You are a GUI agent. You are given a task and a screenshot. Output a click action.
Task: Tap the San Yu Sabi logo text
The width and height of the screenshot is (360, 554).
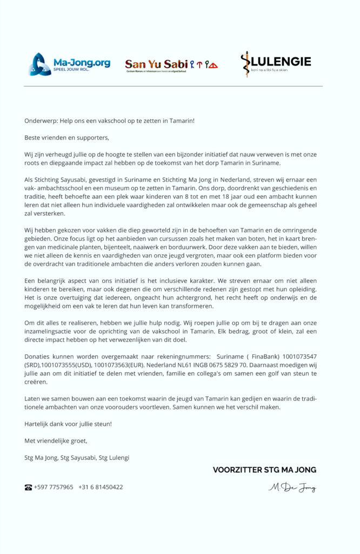click(156, 64)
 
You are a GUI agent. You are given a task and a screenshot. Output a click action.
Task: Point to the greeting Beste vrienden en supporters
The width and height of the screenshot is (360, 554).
click(66, 137)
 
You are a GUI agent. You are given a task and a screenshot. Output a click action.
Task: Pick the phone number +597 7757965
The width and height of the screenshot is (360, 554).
click(54, 487)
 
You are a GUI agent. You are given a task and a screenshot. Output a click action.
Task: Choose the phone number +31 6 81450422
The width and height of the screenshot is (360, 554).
click(101, 487)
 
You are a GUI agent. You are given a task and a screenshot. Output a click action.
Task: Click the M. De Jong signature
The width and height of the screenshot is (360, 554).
click(292, 488)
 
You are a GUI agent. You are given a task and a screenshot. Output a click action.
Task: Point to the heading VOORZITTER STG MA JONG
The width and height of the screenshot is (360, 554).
click(264, 470)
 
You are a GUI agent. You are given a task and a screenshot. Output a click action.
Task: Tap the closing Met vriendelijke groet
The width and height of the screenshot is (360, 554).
click(56, 441)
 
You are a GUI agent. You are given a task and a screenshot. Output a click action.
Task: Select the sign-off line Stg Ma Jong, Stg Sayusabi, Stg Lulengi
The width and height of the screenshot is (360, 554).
click(77, 458)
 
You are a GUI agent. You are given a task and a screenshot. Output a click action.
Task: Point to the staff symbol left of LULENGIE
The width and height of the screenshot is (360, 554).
click(246, 64)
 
